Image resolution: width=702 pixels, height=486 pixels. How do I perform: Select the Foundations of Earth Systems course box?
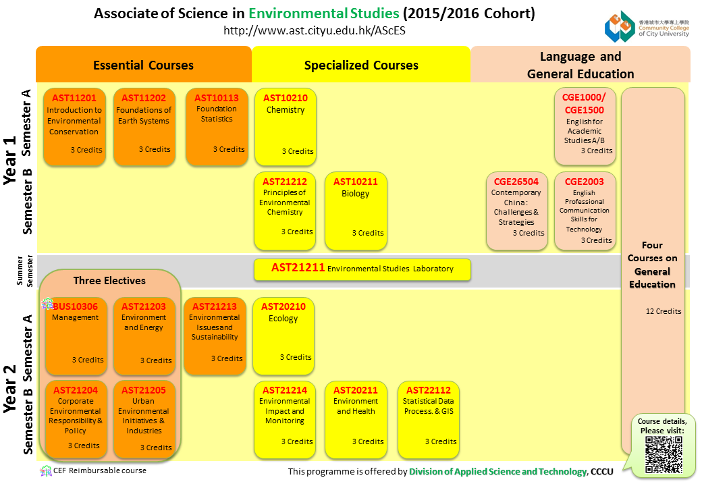pos(144,127)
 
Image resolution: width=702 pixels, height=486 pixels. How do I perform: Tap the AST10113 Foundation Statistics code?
pos(217,97)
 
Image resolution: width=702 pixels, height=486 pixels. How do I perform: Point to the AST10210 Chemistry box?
pos(286,127)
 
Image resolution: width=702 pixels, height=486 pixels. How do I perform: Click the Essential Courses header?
pos(143,65)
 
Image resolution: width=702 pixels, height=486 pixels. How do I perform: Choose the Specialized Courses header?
pos(361,65)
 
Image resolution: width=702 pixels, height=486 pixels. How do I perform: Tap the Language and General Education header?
pos(580,65)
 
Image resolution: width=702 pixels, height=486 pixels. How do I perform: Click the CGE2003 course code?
pos(585,182)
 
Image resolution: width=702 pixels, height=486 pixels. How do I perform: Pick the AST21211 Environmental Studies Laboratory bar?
pos(362,269)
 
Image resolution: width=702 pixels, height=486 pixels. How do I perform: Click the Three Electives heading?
pos(109,280)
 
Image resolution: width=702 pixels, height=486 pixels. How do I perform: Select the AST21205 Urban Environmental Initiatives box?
pos(144,418)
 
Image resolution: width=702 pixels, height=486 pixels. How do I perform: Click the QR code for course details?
pos(664,454)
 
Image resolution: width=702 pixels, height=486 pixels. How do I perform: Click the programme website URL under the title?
pos(315,30)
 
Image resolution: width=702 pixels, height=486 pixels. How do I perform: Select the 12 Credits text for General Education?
pos(663,311)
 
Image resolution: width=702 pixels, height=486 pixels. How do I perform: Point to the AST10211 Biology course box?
pos(356,211)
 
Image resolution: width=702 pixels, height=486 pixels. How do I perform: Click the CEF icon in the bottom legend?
pos(45,470)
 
